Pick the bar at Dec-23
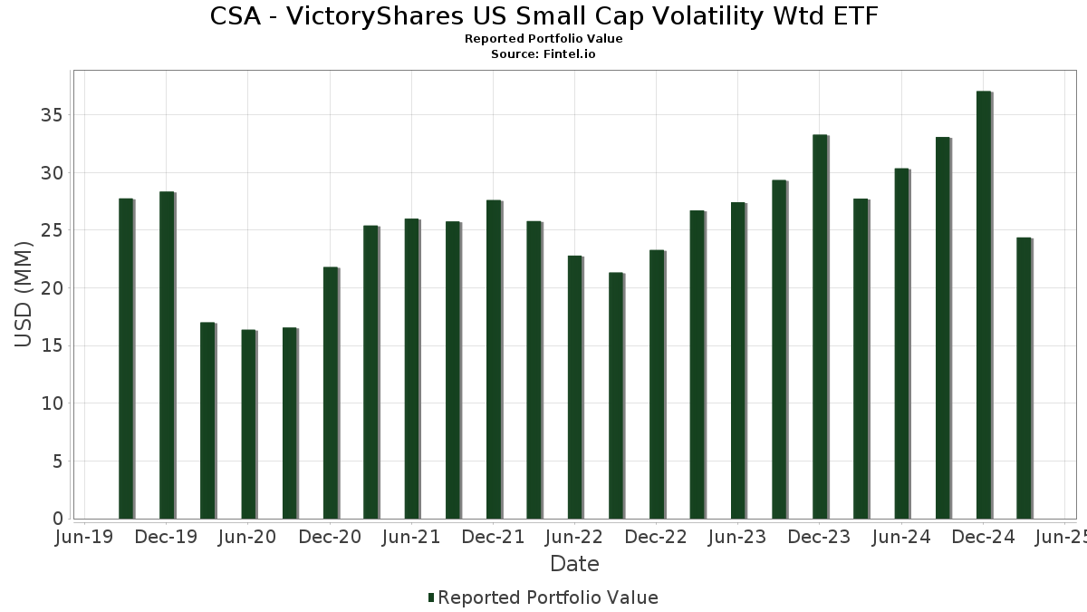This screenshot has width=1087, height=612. coord(819,326)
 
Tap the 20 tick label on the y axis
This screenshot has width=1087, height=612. coord(51,288)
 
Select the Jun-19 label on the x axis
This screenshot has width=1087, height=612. coord(84,537)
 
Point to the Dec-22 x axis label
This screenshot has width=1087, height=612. coord(656,537)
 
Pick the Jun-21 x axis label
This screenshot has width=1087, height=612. coord(411,537)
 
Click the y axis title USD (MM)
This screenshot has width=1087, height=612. coord(24,295)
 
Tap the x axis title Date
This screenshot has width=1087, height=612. coord(574,564)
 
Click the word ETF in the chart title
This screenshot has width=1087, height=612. coord(852,16)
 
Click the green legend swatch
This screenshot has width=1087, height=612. coord(431,597)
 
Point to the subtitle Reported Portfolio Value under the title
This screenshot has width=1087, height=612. coord(543,39)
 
